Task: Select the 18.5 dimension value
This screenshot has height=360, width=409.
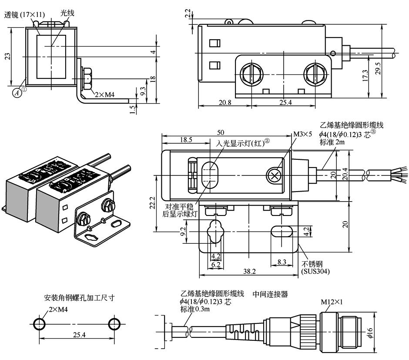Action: click(x=186, y=140)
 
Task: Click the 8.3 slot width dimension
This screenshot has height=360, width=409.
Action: click(x=281, y=262)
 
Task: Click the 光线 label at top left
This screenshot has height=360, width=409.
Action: click(x=67, y=13)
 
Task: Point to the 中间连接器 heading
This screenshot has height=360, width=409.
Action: click(x=270, y=294)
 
